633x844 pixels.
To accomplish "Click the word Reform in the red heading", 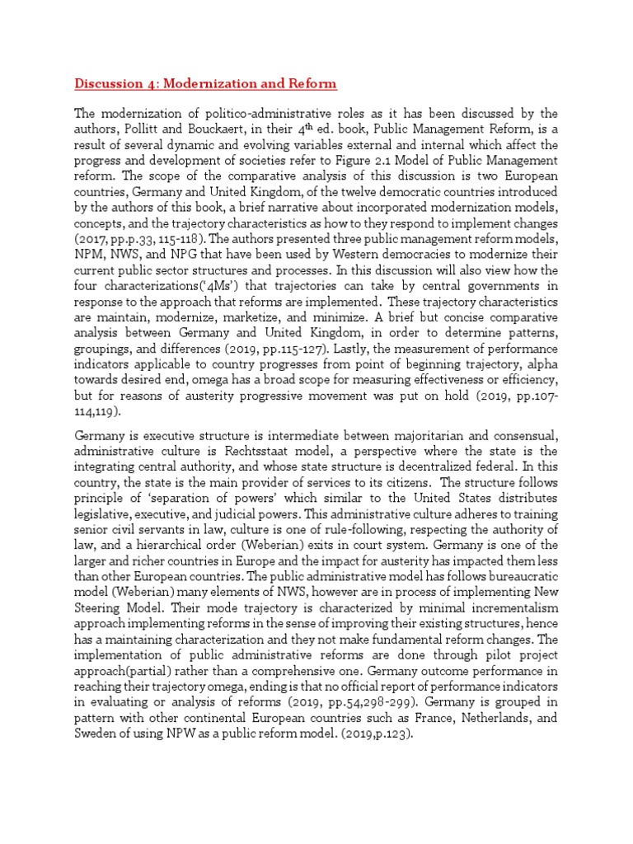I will pos(311,84).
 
